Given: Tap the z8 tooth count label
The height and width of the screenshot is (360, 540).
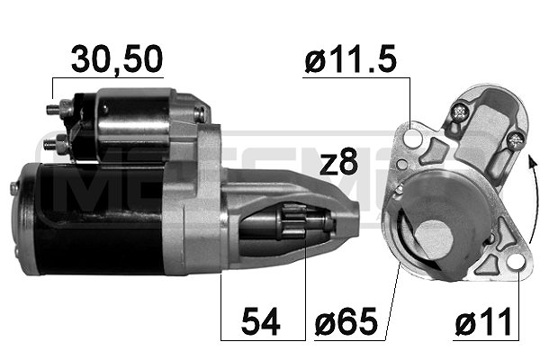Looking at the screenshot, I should click(339, 164).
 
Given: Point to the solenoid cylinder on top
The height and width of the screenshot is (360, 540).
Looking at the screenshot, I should click(130, 121).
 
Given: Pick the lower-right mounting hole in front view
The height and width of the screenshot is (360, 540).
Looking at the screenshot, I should click(515, 262).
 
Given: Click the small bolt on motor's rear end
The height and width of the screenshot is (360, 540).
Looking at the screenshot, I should click(14, 187).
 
